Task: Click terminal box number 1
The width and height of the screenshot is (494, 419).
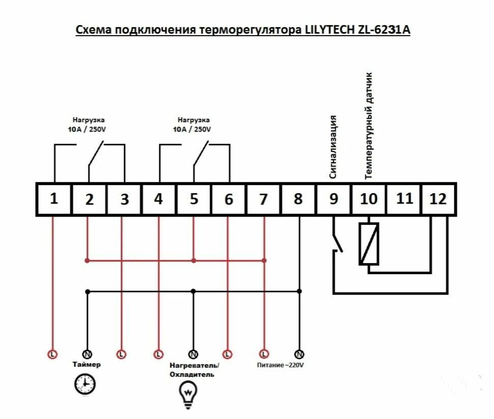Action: (53, 199)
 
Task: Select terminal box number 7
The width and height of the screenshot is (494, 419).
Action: (263, 199)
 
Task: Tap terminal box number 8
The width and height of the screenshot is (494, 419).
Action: (298, 199)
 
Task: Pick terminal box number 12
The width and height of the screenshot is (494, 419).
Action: (438, 199)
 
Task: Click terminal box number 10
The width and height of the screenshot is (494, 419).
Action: (368, 199)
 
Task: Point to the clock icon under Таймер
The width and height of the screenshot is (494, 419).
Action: (85, 384)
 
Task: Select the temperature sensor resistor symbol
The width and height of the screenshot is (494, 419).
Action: (369, 244)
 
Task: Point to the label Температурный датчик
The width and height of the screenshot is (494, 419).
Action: (369, 125)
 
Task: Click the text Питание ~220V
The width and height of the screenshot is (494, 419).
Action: (281, 365)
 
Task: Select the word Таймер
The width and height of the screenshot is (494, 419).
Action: (87, 364)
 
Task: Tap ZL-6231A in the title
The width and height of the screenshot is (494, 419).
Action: (385, 30)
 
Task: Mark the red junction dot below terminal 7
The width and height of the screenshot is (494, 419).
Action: (265, 260)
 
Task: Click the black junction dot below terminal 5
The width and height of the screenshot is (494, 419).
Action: (193, 291)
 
